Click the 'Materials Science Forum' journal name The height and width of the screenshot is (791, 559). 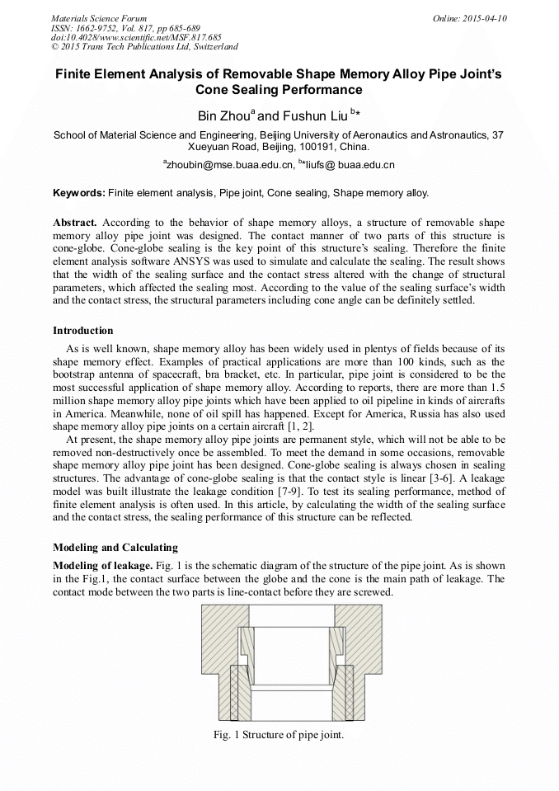[x=99, y=17]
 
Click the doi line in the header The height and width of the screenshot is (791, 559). [x=136, y=37]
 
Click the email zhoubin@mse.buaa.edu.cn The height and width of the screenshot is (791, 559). [x=231, y=165]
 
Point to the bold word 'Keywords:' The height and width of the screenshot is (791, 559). [x=78, y=193]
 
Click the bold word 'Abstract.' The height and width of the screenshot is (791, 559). [x=75, y=224]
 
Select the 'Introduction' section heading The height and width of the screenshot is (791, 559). [x=82, y=331]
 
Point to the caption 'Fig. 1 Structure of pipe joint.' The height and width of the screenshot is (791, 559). [x=279, y=735]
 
